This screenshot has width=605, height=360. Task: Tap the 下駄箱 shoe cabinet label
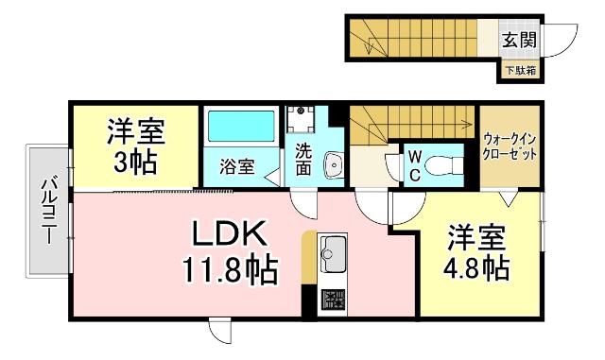[x=518, y=70]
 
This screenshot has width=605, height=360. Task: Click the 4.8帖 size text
[x=476, y=267]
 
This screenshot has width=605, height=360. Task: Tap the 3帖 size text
[x=136, y=162]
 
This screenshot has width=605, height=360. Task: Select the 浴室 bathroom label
[x=236, y=167]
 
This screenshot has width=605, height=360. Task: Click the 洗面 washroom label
[x=302, y=160]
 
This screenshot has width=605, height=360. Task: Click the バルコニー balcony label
[x=48, y=210]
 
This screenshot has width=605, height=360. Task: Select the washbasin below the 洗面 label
[x=332, y=166]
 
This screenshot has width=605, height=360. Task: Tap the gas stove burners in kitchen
[x=334, y=300]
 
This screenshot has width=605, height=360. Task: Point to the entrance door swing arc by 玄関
[x=562, y=42]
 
